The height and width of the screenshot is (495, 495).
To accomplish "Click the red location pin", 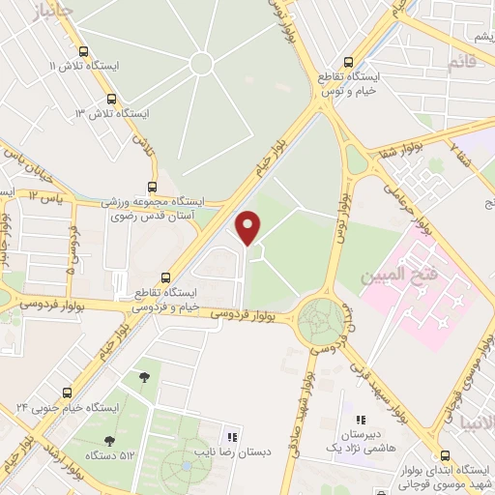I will (x=248, y=226).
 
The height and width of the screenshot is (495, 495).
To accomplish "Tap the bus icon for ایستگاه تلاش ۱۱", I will (x=82, y=52).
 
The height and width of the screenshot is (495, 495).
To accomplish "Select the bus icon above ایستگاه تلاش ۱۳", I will (x=111, y=99).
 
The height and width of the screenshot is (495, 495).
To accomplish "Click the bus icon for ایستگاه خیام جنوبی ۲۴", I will (x=67, y=393).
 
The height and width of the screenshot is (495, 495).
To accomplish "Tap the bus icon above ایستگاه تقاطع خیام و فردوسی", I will (x=165, y=277).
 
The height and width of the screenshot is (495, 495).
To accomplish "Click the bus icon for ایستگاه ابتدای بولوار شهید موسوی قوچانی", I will (x=444, y=454).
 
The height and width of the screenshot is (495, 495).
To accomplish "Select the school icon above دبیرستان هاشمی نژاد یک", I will (x=361, y=421).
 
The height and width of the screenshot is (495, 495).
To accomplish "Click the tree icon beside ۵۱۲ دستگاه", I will (x=144, y=375).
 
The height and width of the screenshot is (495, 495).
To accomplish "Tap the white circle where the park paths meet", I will (x=201, y=64).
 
